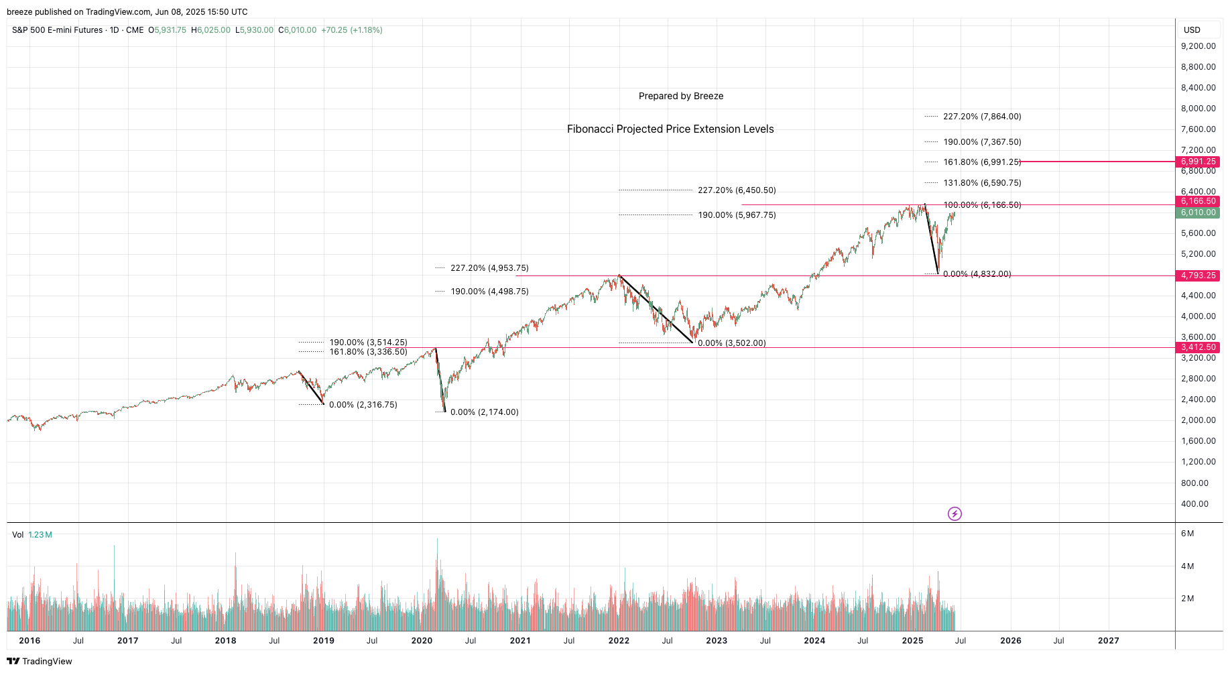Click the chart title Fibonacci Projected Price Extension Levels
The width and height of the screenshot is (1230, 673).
click(x=670, y=129)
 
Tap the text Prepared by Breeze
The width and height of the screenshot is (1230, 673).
click(x=681, y=96)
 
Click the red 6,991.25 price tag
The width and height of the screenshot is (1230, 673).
click(x=1198, y=162)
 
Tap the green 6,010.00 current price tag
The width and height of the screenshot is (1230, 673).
click(x=1198, y=212)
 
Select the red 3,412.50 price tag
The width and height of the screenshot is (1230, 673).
click(x=1198, y=347)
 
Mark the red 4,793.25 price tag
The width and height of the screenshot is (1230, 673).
click(x=1198, y=276)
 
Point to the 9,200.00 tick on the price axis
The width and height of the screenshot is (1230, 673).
click(x=1198, y=46)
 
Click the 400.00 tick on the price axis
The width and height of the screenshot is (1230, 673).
click(x=1194, y=504)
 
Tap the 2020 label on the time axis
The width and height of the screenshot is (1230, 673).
click(x=422, y=641)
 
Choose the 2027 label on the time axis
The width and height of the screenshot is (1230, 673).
click(x=1108, y=641)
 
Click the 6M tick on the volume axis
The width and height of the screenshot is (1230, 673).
click(x=1187, y=534)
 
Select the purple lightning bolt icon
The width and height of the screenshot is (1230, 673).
click(x=955, y=514)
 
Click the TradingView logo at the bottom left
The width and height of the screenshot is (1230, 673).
click(x=40, y=662)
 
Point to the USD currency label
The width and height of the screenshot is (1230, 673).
click(x=1192, y=30)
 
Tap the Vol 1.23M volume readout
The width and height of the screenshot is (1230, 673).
click(x=32, y=535)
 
